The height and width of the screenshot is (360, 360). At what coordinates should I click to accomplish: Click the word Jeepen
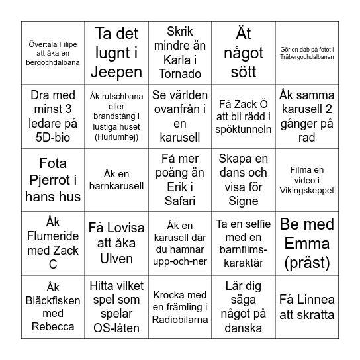pyautogui.click(x=116, y=72)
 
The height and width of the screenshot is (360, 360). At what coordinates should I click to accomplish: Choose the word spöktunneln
pyautogui.click(x=243, y=131)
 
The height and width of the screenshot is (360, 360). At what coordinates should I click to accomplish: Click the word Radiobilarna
pyautogui.click(x=179, y=320)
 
